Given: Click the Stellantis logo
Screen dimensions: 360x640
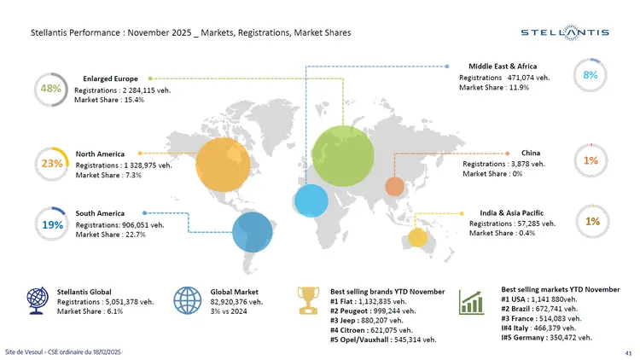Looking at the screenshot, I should point(565,32).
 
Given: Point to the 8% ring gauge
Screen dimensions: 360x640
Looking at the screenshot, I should point(590,75).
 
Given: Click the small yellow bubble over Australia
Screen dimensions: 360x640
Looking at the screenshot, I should point(416,237).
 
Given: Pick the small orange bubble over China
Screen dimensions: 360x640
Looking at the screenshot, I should point(394,186).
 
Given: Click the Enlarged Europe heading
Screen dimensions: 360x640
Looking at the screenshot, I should point(110,78).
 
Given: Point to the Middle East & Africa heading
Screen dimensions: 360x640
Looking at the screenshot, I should point(503,66).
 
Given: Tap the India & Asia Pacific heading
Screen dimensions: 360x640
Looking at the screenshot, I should point(512,212).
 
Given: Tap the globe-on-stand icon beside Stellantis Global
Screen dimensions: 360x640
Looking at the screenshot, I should point(38,300).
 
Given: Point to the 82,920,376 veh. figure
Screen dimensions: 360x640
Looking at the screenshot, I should point(237,301).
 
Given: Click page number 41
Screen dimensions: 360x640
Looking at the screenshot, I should point(628,352).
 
